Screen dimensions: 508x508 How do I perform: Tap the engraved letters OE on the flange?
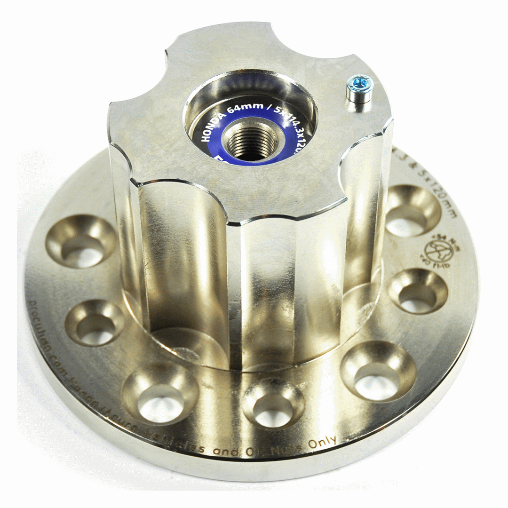coord(253,452)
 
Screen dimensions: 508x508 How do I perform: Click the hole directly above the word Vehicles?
coord(160,393)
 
